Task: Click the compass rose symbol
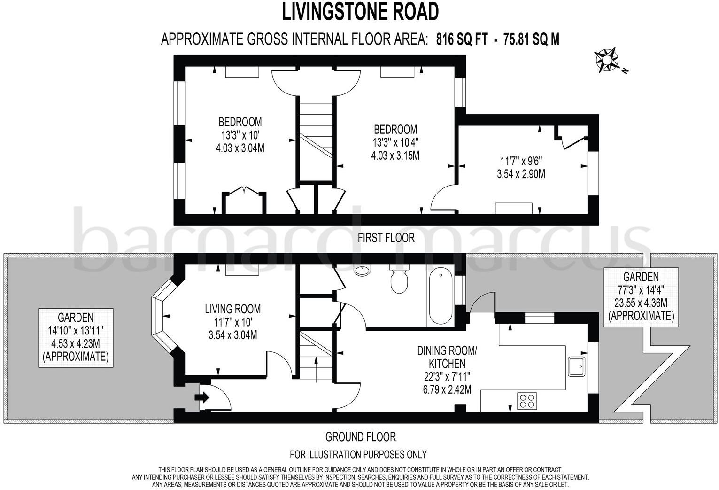pyautogui.click(x=607, y=60)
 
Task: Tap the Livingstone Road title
pyautogui.click(x=360, y=12)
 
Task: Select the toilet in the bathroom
pyautogui.click(x=398, y=280)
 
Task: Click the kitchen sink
pyautogui.click(x=576, y=366)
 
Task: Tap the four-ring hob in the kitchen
pyautogui.click(x=527, y=401)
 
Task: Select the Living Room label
pyautogui.click(x=232, y=309)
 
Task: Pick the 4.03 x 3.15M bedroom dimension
pyautogui.click(x=395, y=156)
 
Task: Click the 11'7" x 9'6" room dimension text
pyautogui.click(x=521, y=160)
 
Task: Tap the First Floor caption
pyautogui.click(x=386, y=238)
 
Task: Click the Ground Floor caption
pyautogui.click(x=360, y=437)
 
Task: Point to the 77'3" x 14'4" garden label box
pyautogui.click(x=641, y=296)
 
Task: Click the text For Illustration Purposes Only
pyautogui.click(x=358, y=454)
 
